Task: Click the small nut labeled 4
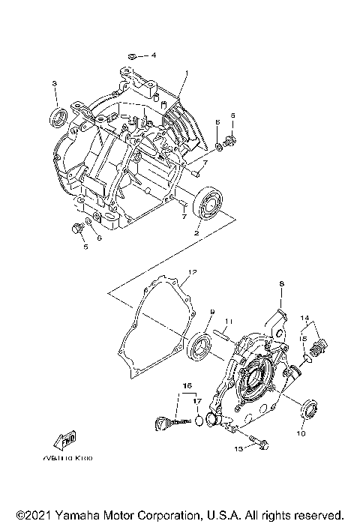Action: point(131,55)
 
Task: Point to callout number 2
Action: point(196,233)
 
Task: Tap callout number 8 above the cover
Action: point(281,283)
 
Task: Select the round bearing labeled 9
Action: point(201,347)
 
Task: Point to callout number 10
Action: point(302,433)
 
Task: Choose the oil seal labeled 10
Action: point(307,410)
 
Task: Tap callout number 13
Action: point(238,449)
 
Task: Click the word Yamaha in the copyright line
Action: point(66,516)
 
